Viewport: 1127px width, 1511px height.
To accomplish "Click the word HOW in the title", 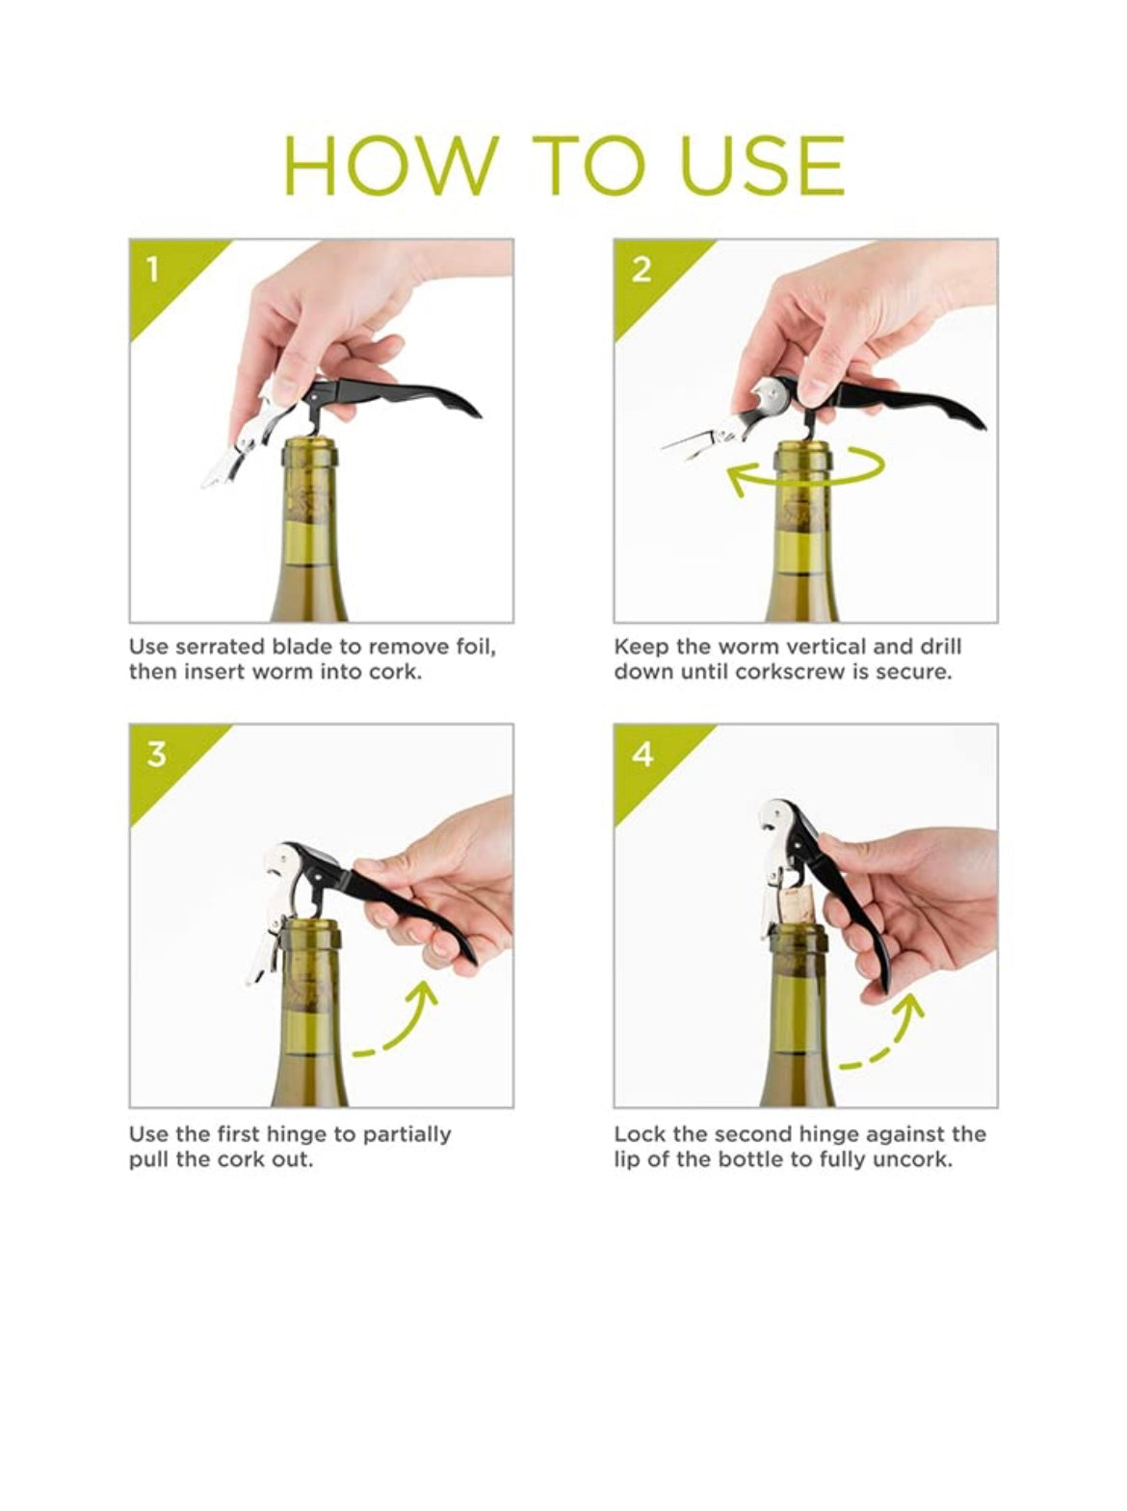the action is point(391,165).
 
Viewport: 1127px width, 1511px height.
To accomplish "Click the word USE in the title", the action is point(761,165).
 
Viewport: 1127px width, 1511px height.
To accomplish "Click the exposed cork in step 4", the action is point(796,909).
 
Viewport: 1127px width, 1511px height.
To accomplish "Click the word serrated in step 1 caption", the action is point(221,647).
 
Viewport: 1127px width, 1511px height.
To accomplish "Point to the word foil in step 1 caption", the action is point(477,647).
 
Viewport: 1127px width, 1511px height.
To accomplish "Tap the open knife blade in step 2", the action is point(688,442).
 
